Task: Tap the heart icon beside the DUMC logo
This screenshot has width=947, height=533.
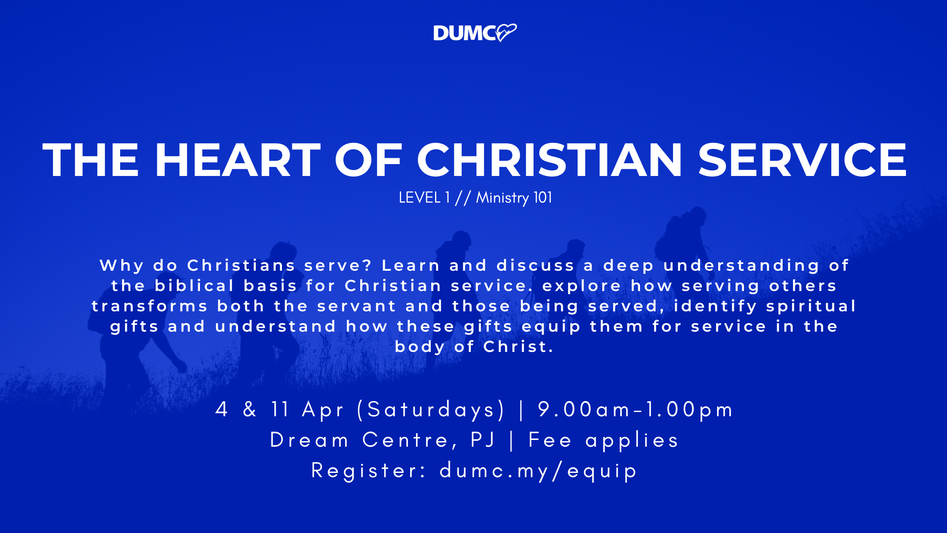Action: tap(506, 33)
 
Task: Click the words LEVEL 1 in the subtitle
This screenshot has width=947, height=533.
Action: tap(424, 198)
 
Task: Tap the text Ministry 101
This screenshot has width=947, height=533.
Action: tap(514, 198)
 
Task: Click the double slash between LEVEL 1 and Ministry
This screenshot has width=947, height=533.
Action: tap(463, 198)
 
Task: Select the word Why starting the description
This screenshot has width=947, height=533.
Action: tap(122, 266)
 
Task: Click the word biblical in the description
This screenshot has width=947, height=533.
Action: tap(194, 286)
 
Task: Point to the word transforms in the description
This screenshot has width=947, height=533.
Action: tap(150, 306)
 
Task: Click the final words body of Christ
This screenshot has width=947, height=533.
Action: tap(474, 346)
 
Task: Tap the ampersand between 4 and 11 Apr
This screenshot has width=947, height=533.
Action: tap(250, 409)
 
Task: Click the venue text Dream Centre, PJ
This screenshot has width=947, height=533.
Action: tap(382, 440)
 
